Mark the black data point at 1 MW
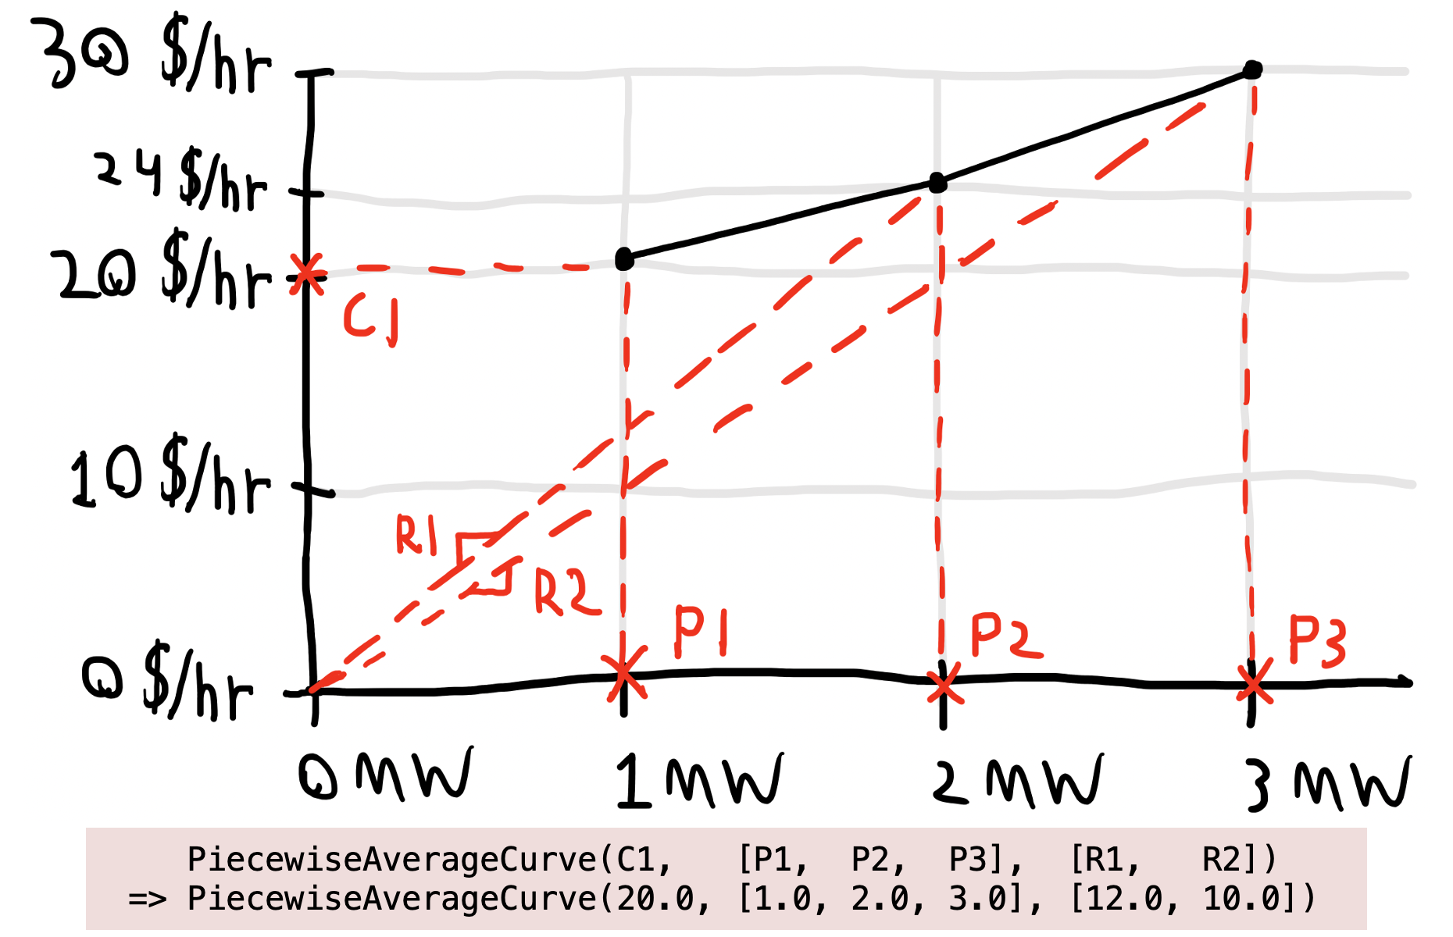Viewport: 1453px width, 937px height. pyautogui.click(x=624, y=258)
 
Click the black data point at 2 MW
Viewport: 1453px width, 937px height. pyautogui.click(x=938, y=183)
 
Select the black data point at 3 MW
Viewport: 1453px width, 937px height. pyautogui.click(x=1252, y=69)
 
